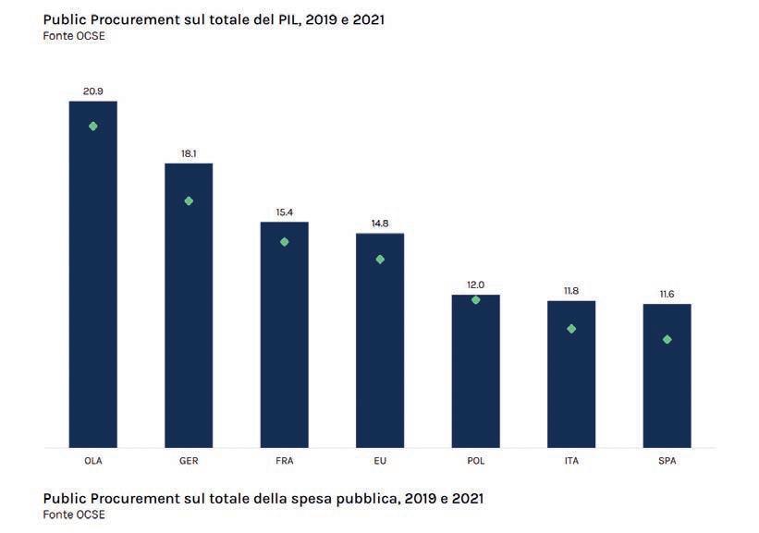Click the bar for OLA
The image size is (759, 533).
pos(93,277)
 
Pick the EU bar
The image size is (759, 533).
pos(380,342)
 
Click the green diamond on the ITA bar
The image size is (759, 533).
pos(571,329)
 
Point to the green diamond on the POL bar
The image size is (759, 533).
pos(475,299)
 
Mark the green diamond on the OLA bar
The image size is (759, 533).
pos(93,126)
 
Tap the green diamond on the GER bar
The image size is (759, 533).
pos(189,200)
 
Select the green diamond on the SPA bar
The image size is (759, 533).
pos(667,339)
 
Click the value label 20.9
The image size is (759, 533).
pos(93,91)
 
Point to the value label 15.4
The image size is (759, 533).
pos(284,212)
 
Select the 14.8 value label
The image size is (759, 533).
pos(380,223)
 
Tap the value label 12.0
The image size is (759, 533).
pos(475,285)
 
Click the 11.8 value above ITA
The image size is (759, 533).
pos(571,291)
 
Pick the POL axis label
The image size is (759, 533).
pos(475,460)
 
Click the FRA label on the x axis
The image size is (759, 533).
pos(284,460)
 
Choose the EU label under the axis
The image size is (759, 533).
pos(380,460)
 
